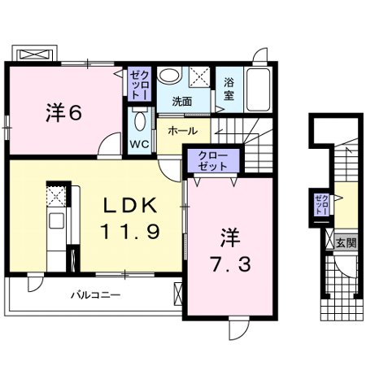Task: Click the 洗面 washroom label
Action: [181, 102]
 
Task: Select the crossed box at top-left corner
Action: [35, 54]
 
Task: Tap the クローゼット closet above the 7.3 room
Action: [211, 159]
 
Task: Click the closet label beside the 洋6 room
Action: [136, 85]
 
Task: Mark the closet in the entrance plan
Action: [322, 203]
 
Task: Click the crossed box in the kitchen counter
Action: [55, 195]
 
